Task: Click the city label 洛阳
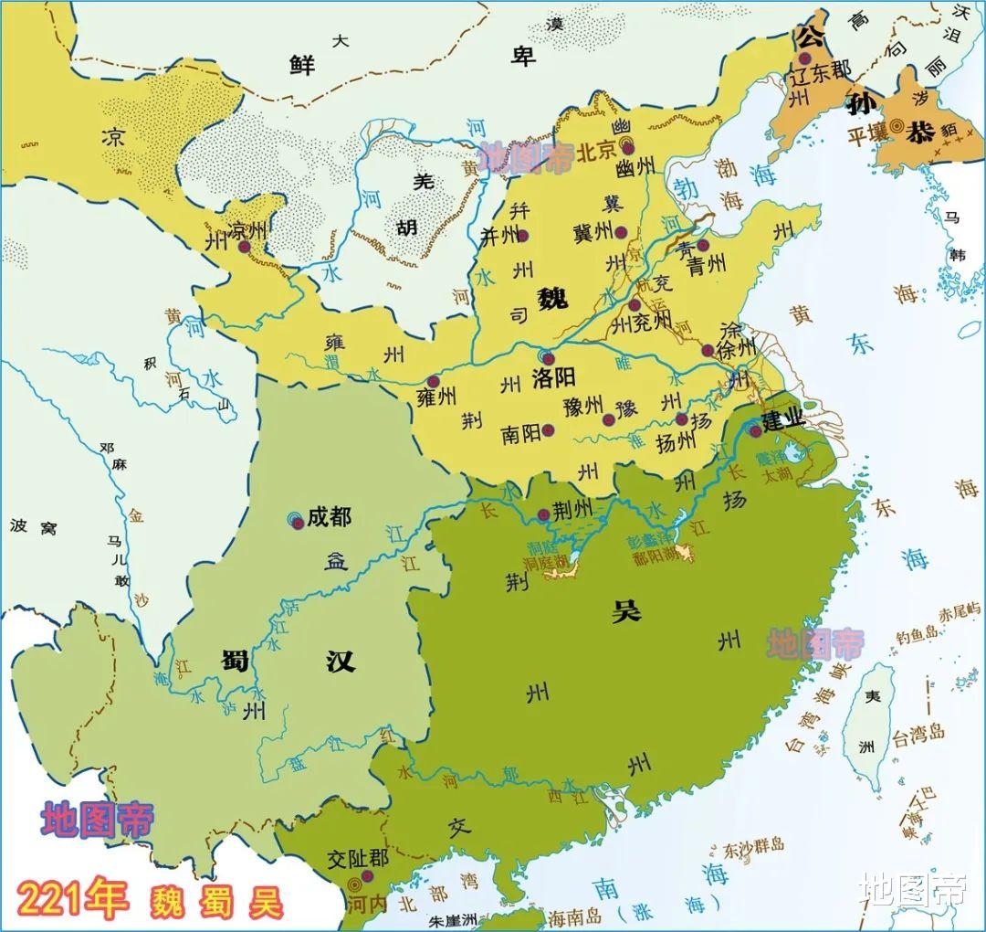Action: coord(554,377)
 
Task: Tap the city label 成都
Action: coord(329,517)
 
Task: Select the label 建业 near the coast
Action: coord(783,420)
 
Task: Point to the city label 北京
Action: coord(598,152)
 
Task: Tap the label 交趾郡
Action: coord(358,860)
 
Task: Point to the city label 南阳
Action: coord(520,434)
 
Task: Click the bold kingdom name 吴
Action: coord(626,612)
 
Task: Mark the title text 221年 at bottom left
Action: coord(70,900)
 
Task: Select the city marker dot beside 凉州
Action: coord(244,247)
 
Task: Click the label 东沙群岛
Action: coord(753,845)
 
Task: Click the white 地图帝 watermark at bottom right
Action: coord(913,889)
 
